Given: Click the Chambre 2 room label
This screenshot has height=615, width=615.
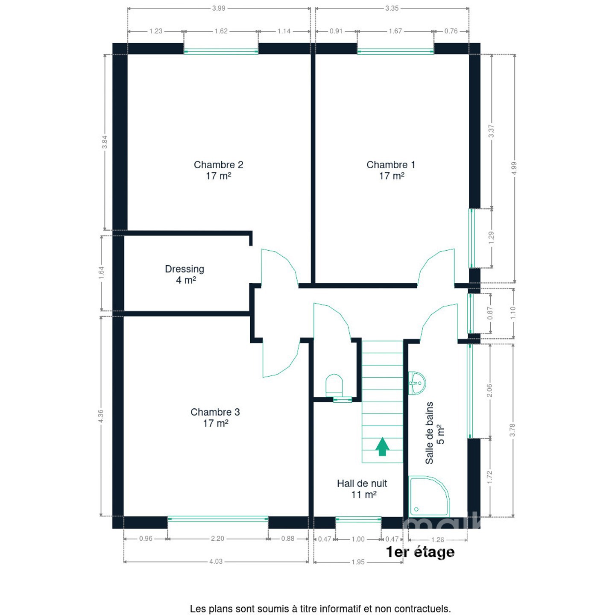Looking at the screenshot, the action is coord(218,170).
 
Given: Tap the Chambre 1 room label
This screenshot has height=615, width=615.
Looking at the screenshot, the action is coord(391,170).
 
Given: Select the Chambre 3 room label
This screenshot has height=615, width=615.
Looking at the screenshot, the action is coord(215,417).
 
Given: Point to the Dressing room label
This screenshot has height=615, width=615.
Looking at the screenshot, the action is coord(184,275).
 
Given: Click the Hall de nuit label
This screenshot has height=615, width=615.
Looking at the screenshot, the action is coord(362,489).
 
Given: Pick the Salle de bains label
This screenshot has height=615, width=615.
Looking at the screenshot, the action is coord(434,433).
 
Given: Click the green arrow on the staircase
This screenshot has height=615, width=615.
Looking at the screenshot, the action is coord(382,446).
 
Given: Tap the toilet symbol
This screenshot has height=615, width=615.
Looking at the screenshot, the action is coord(334,385).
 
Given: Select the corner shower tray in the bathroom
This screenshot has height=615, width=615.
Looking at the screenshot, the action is coord(429,497).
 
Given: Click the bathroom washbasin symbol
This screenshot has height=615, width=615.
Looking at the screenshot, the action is coord(417,383).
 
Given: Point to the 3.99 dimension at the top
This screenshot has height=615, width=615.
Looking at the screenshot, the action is coord(219,8).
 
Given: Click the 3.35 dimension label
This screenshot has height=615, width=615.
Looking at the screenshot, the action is coord(392,8).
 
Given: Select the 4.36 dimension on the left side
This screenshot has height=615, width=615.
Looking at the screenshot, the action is coord(101,416).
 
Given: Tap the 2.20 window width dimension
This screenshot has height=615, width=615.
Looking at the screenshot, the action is coord(218,539).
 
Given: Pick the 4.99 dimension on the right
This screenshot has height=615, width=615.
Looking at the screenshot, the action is coord(514,168).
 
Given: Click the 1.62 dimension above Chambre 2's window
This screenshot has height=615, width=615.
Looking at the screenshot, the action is coord(221,31).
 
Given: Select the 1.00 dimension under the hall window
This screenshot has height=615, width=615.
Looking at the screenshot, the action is coord(358,539).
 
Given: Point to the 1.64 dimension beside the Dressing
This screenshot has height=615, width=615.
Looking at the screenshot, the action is coord(101,273).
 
